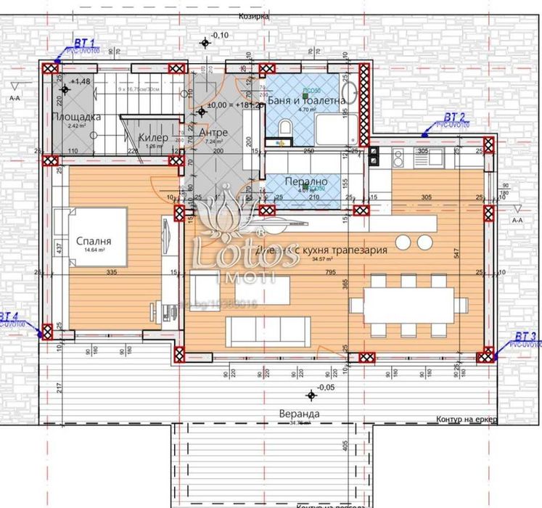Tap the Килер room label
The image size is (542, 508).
click(154, 137)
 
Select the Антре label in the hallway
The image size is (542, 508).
click(213, 133)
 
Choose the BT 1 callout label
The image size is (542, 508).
click(84, 43)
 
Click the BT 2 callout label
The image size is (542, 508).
click(455, 116)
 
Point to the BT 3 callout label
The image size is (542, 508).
click(525, 337)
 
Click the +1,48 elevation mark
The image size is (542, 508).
click(81, 82)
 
